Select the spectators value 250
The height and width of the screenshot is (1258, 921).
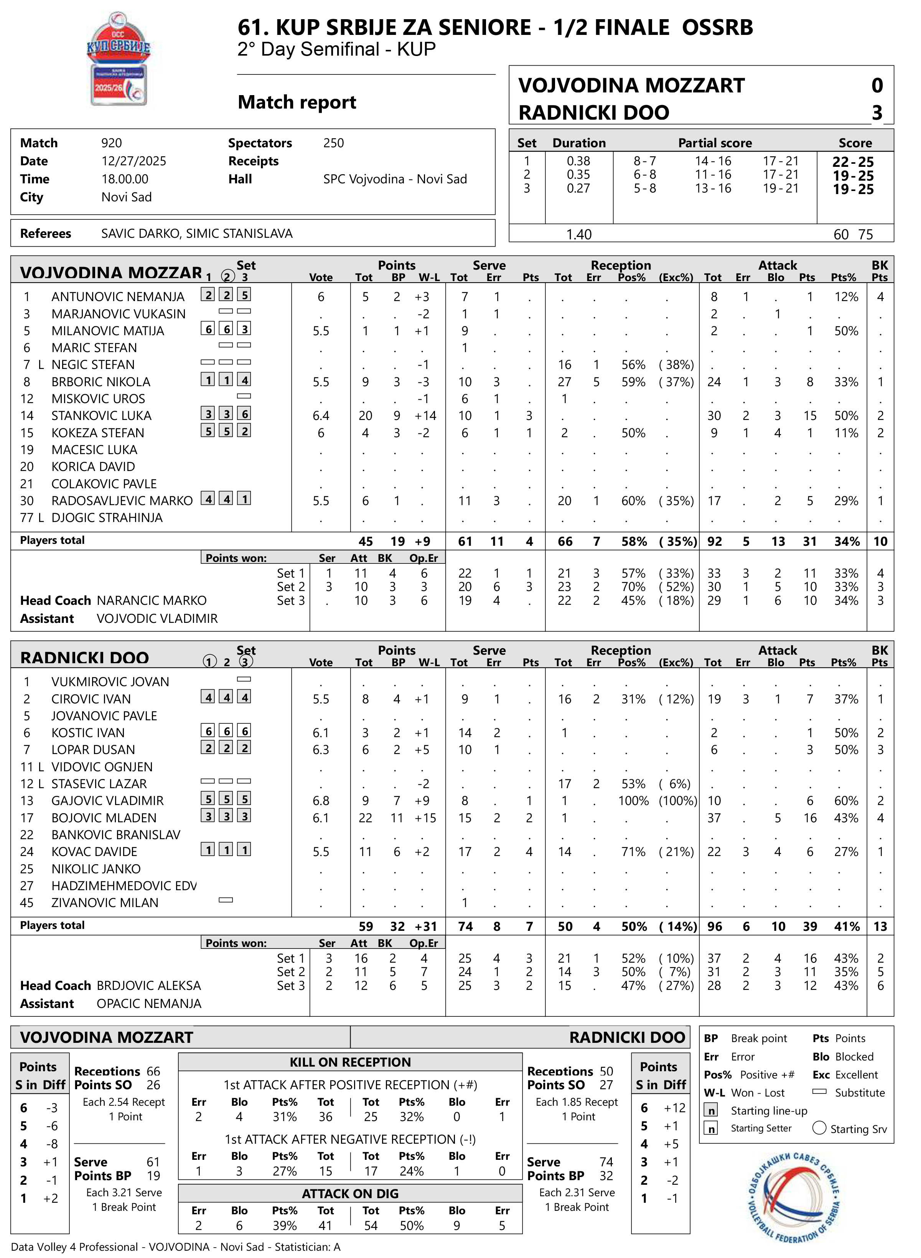click(x=333, y=143)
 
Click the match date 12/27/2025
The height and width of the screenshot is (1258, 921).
click(x=134, y=161)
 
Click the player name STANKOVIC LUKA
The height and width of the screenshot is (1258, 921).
click(x=102, y=416)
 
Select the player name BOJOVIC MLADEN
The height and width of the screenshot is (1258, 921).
click(x=104, y=818)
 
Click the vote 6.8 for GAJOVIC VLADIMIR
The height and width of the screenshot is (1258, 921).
click(x=321, y=801)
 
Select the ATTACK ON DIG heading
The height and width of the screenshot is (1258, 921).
click(x=350, y=1194)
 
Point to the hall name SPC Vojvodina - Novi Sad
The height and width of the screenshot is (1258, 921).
click(x=395, y=179)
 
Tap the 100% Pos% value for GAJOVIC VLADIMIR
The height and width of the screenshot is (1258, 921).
click(x=633, y=801)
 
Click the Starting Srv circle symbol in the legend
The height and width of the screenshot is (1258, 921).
click(x=819, y=1128)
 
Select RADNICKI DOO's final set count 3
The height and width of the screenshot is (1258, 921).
click(x=877, y=113)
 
